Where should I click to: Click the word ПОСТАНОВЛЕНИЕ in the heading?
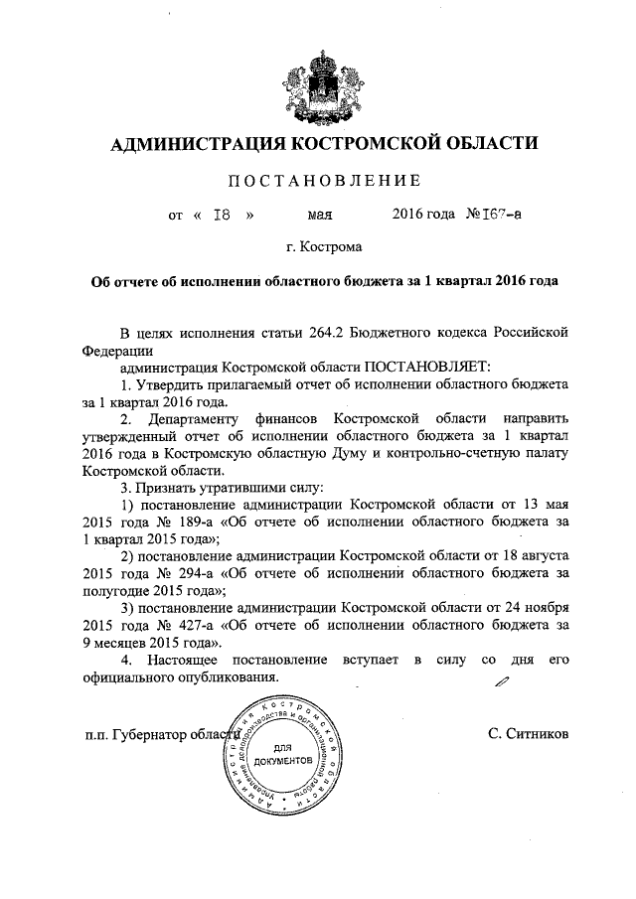pos(318,180)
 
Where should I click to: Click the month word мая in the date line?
pos(320,214)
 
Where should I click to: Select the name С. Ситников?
pos(528,737)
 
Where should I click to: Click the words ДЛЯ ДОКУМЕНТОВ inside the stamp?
pos(281,753)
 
